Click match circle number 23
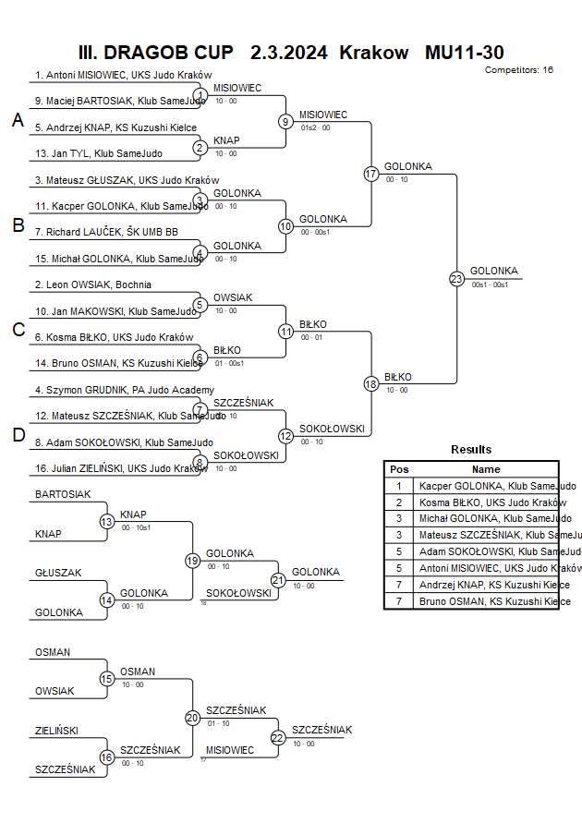click(456, 278)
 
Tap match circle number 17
click(371, 174)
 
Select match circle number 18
click(371, 383)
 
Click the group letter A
click(18, 120)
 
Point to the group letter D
click(18, 435)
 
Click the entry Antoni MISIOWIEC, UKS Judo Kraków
click(124, 76)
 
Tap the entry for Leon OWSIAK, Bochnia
click(93, 284)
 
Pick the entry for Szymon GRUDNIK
click(125, 390)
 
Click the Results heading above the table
click(471, 450)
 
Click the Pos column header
click(399, 469)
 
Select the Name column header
click(486, 469)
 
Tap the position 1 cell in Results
click(399, 486)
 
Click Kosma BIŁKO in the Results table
click(491, 502)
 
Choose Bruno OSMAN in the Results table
click(491, 602)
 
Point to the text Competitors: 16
click(518, 69)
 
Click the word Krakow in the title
click(373, 53)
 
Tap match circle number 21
click(278, 579)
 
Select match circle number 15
click(106, 679)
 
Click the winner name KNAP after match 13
click(133, 514)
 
